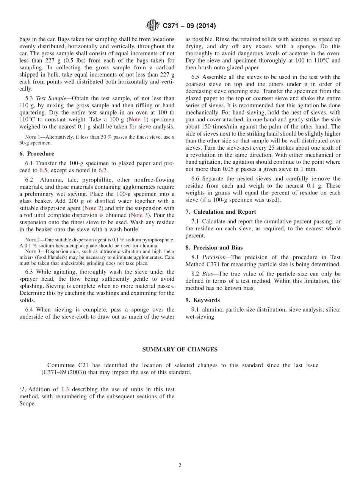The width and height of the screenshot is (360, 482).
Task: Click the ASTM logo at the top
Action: [153, 26]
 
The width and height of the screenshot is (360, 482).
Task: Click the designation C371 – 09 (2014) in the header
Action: [189, 26]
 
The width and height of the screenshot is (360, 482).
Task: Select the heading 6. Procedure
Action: [36, 153]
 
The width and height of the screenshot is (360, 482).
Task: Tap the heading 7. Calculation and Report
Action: [221, 212]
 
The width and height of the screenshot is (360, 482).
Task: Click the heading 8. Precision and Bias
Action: [214, 247]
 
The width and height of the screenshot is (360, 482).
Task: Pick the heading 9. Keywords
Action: [202, 300]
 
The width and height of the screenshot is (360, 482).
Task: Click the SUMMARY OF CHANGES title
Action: [180, 349]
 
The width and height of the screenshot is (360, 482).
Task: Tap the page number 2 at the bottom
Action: [180, 465]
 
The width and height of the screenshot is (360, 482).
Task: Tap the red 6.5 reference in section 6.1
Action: [44, 171]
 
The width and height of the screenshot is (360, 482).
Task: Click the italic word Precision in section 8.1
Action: [214, 257]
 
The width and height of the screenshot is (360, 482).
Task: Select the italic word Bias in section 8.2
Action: [209, 274]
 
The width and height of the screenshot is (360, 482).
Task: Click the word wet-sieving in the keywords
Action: [200, 317]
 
